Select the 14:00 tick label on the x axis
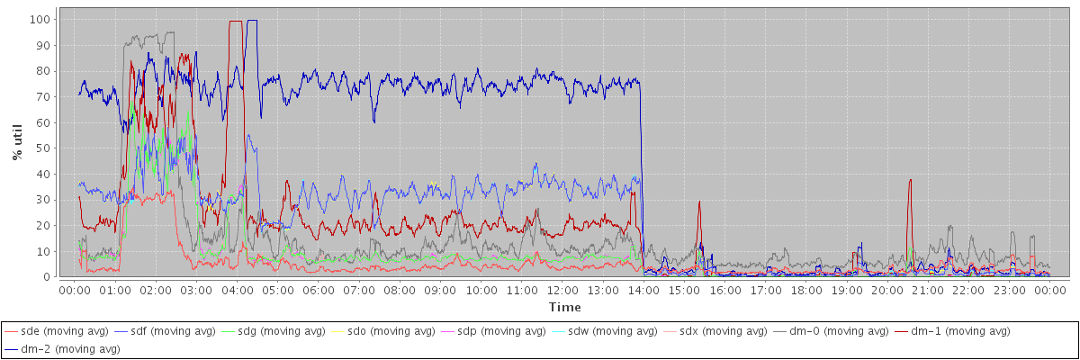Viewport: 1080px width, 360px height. coord(643,290)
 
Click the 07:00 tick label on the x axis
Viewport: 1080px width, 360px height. coord(358,290)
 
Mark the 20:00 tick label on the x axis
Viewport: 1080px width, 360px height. coord(886,290)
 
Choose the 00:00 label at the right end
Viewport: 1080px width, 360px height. coord(1049,290)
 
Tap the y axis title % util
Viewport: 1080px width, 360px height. coord(18,145)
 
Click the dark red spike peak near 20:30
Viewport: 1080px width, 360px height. coord(910,179)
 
